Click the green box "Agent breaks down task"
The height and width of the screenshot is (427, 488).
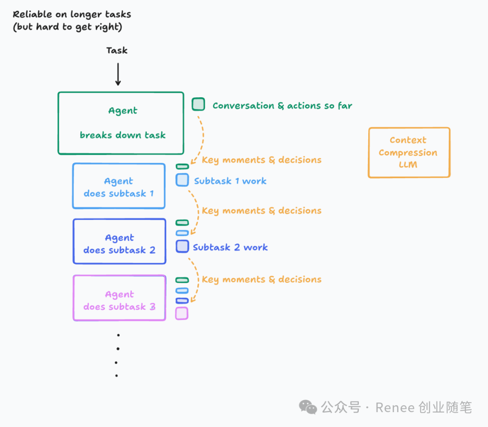(x=121, y=123)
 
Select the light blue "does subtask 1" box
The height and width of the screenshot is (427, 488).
(x=119, y=186)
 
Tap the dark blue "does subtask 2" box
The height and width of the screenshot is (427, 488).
(x=119, y=242)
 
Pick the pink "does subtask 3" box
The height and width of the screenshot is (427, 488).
(x=119, y=298)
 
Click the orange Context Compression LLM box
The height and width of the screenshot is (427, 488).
(x=409, y=152)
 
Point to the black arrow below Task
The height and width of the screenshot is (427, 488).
(x=118, y=74)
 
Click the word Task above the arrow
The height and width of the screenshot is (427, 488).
(x=117, y=50)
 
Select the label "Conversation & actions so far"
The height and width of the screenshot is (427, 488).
(x=282, y=106)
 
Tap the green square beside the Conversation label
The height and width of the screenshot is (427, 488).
(x=198, y=104)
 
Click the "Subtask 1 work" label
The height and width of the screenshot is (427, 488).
(x=230, y=181)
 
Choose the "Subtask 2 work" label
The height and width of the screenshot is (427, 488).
(x=230, y=247)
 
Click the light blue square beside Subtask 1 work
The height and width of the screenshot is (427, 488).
(x=182, y=180)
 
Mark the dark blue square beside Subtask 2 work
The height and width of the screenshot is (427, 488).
(x=182, y=247)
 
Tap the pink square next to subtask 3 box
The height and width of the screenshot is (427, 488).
(x=182, y=313)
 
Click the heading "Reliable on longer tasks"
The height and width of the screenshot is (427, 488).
(x=72, y=14)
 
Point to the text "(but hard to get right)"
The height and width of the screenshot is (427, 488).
(x=67, y=27)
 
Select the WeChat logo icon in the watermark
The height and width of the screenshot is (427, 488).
(x=308, y=407)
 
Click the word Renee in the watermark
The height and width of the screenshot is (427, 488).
(x=395, y=408)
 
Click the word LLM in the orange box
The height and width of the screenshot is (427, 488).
(x=408, y=165)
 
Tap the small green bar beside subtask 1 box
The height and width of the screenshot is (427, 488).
(x=182, y=166)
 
